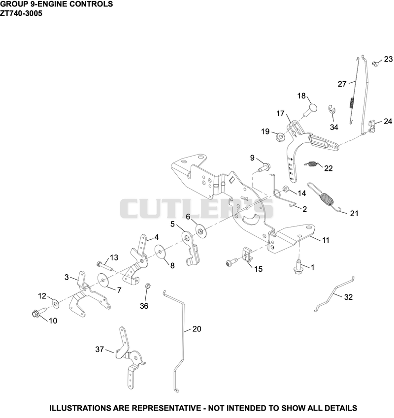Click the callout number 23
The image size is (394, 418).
tap(388, 59)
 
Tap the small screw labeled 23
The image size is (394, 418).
tap(376, 64)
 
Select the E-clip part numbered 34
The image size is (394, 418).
tap(331, 109)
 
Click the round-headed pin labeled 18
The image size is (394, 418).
tap(310, 110)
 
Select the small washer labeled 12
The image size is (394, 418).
tap(56, 303)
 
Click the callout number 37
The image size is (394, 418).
tap(99, 349)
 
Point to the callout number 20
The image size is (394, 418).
tap(197, 329)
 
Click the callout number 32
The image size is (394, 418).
tap(348, 297)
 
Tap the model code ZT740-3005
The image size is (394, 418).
tap(21, 13)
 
